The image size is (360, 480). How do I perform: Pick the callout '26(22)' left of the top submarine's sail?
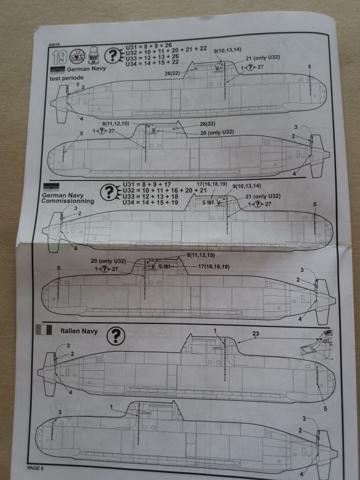[173, 73]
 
